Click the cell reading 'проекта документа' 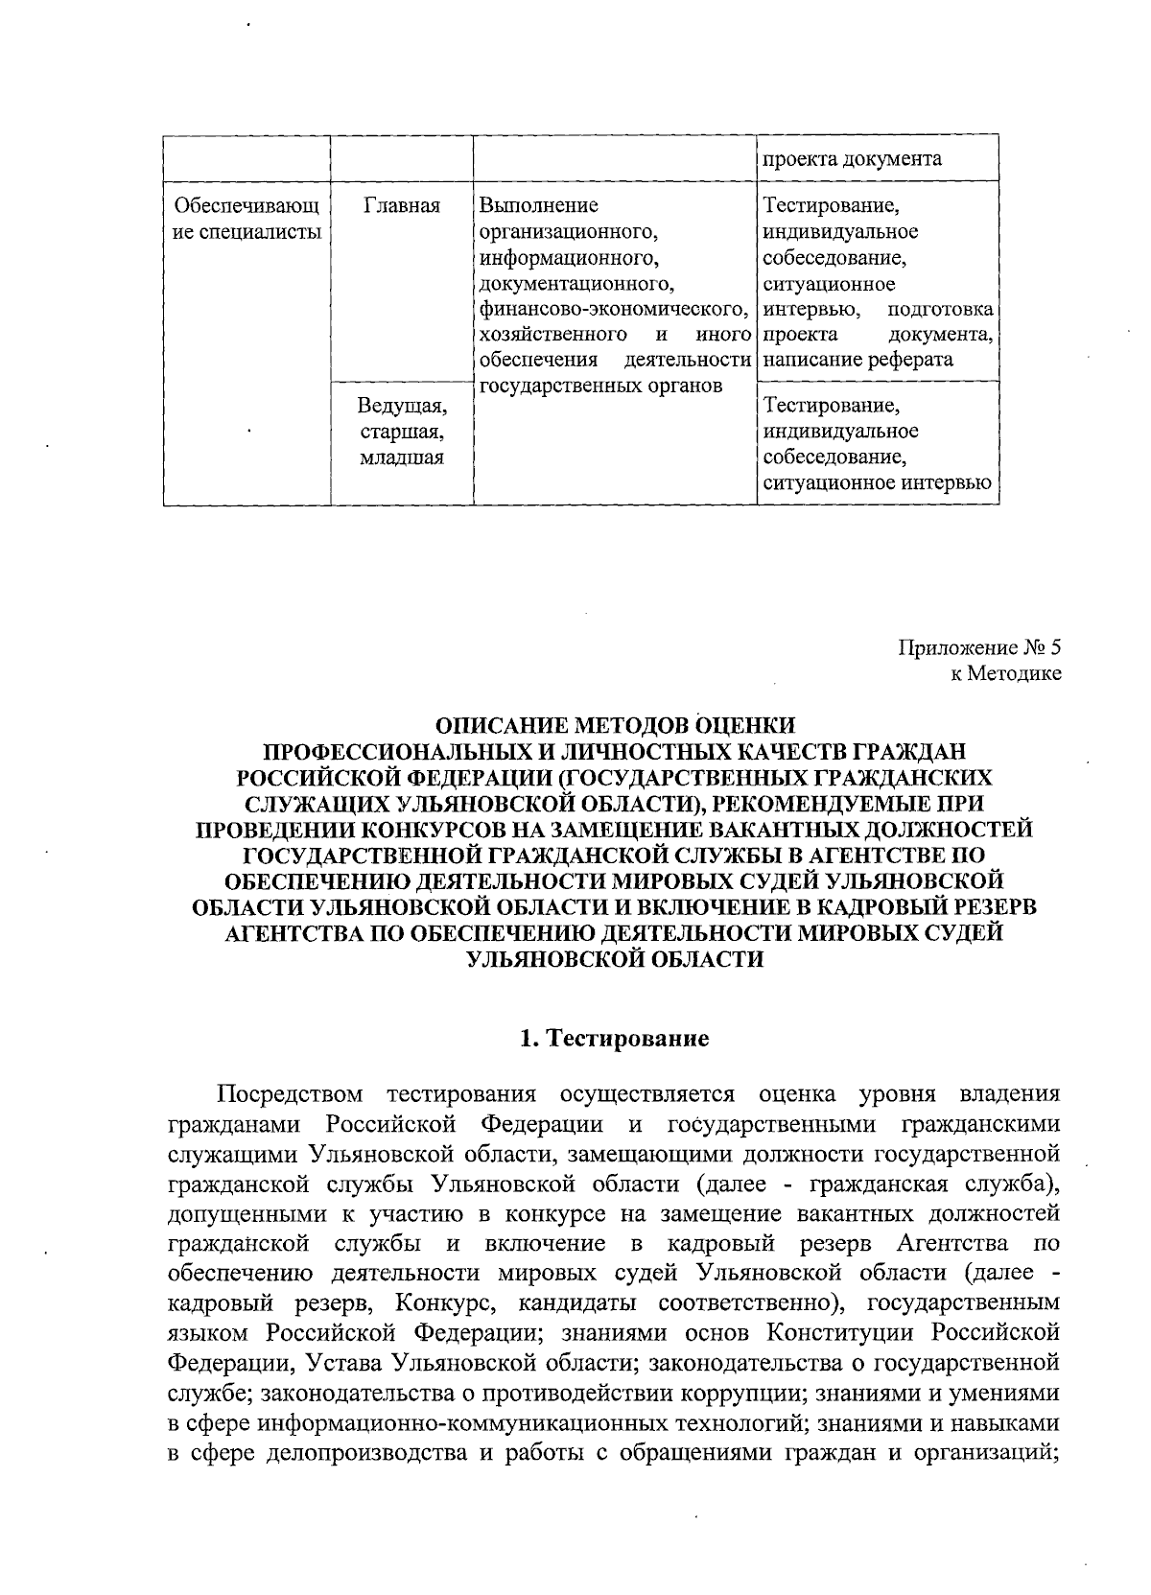[851, 159]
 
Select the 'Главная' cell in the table [401, 205]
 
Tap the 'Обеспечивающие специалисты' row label [246, 219]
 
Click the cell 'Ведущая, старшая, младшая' [401, 432]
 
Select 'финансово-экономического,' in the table [613, 309]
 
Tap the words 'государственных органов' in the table [600, 386]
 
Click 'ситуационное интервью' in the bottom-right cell [877, 483]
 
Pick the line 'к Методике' [1005, 673]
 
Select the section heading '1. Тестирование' [614, 1039]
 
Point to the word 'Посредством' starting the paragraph [291, 1094]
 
